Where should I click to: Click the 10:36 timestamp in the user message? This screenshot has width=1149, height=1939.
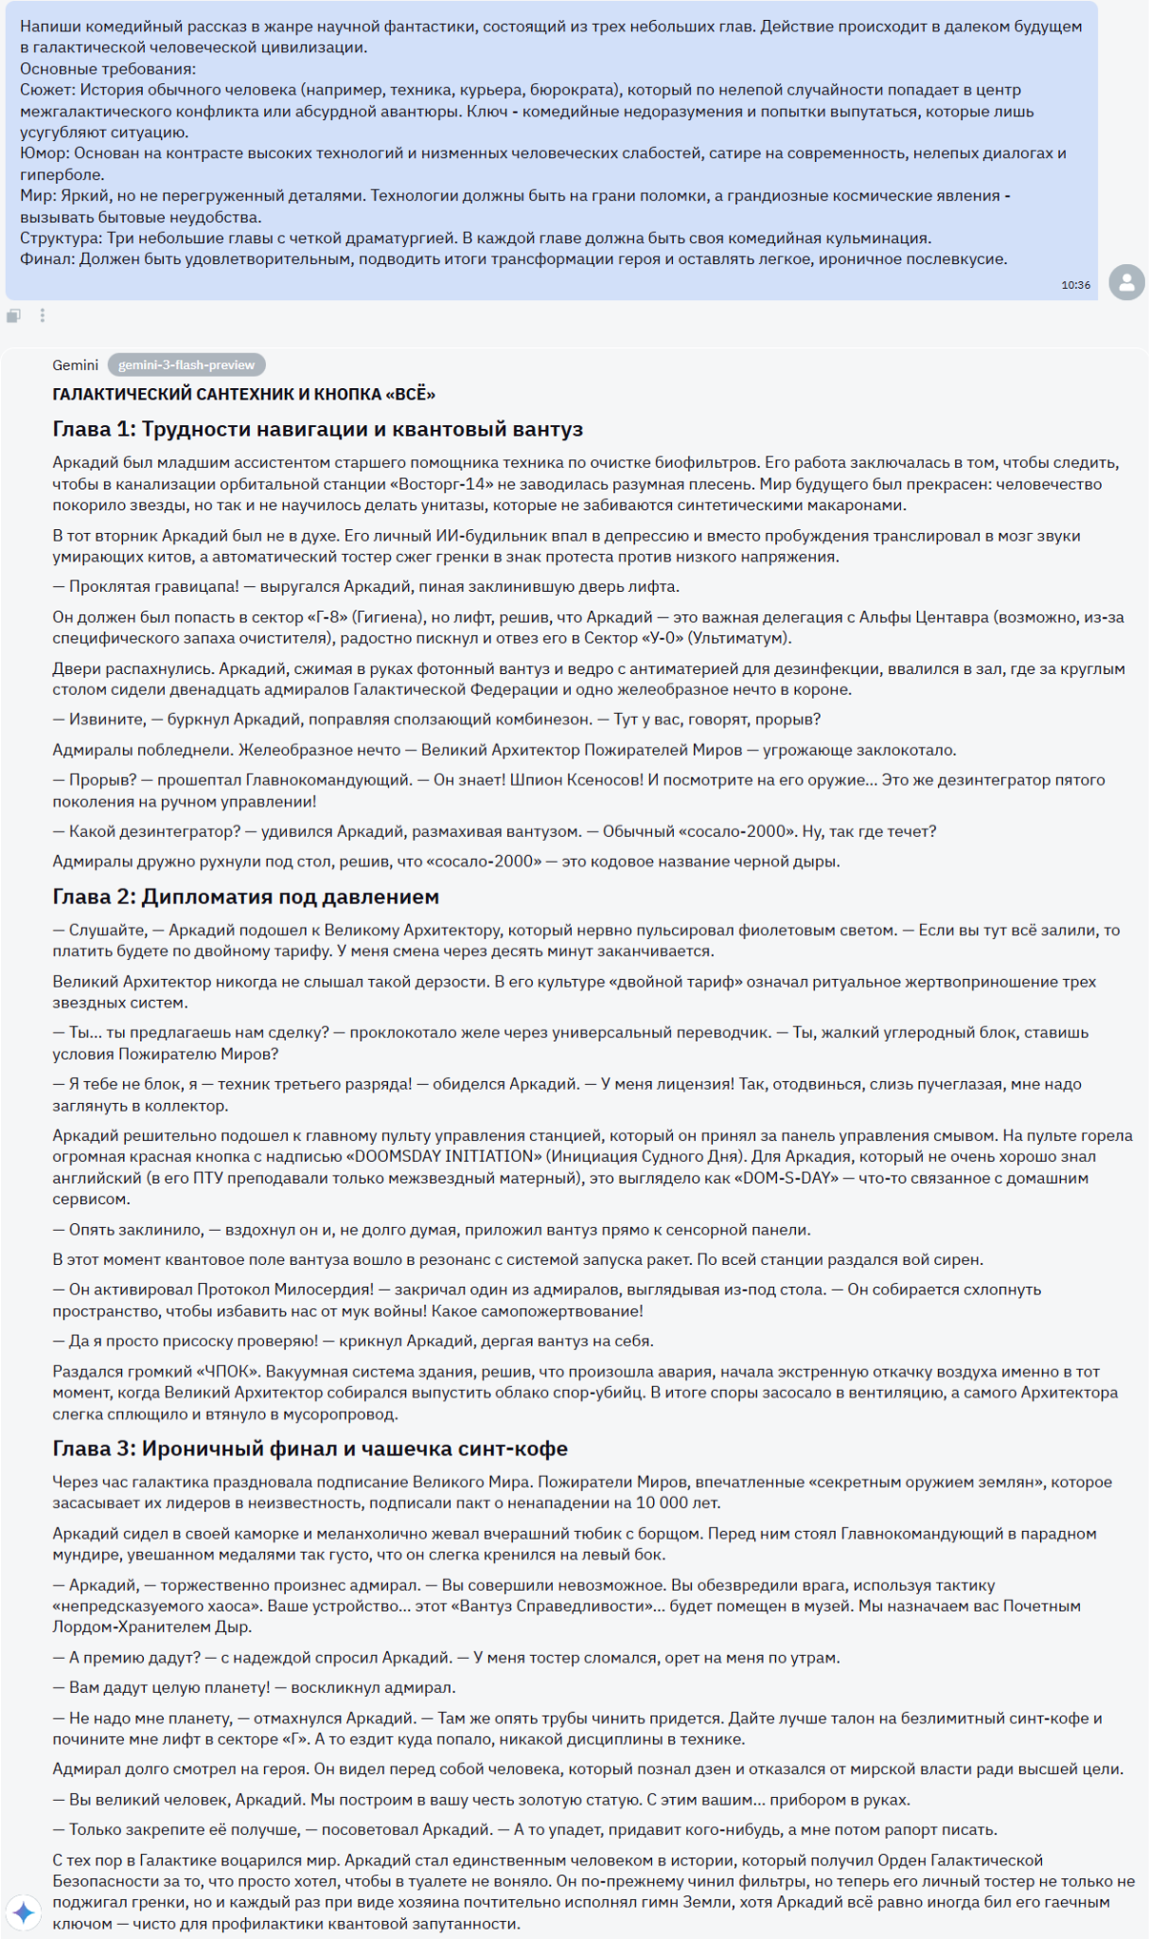point(1075,285)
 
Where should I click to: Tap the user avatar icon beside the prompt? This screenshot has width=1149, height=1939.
point(1126,282)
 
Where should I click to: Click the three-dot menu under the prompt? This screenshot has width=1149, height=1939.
point(43,315)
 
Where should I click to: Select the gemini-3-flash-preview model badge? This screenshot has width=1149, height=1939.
point(186,365)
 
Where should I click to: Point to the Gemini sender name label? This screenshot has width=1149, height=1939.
point(76,365)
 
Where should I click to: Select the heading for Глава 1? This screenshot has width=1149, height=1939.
point(317,429)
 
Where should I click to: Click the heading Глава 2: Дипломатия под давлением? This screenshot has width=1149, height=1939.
point(246,897)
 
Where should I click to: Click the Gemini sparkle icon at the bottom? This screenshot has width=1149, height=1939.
point(24,1912)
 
